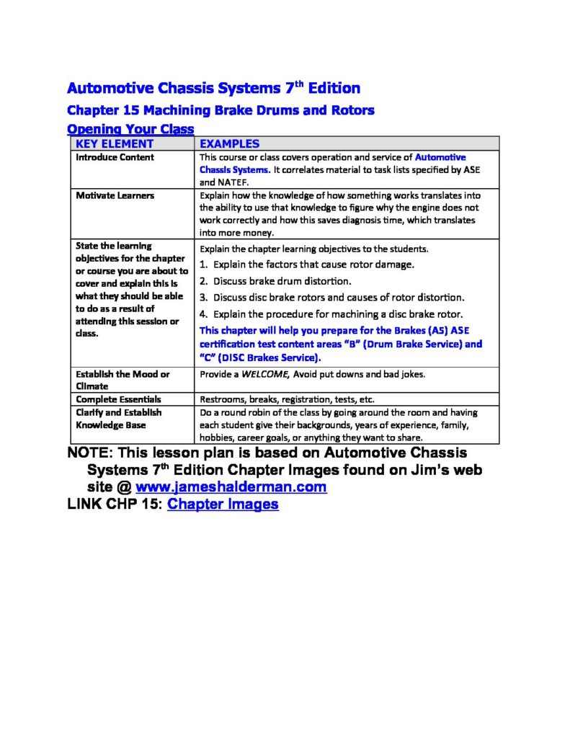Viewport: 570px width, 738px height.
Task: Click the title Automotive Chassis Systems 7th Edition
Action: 213,89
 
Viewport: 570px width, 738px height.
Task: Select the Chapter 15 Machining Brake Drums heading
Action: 221,111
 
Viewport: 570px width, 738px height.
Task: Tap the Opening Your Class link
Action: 130,129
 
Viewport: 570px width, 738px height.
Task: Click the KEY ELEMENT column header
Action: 115,143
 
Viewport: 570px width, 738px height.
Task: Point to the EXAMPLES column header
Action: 229,143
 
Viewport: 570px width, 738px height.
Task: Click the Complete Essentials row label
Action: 118,399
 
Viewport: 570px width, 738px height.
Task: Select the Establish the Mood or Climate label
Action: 123,380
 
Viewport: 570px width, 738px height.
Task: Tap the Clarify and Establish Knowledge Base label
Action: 119,419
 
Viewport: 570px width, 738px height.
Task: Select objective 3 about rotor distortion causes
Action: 331,297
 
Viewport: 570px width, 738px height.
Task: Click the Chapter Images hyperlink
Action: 223,504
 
